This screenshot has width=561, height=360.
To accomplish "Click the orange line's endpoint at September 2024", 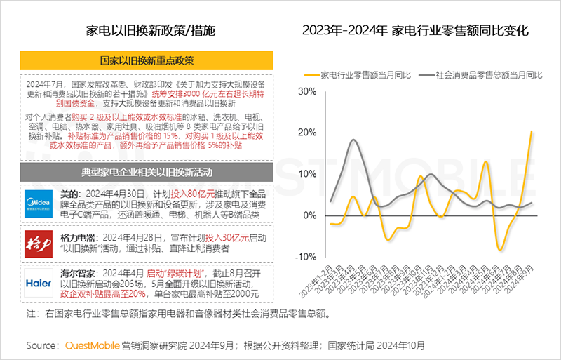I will tap(532, 131).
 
